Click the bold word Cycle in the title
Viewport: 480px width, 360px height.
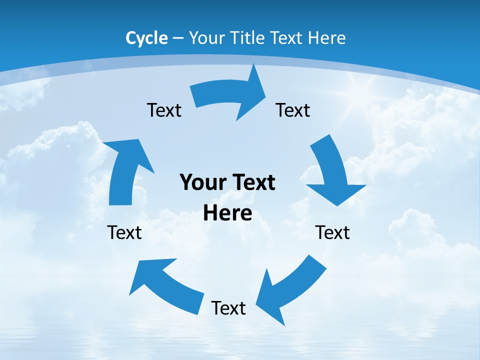coord(146,38)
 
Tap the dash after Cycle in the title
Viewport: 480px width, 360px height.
coord(178,38)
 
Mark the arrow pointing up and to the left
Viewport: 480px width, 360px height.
coord(165,285)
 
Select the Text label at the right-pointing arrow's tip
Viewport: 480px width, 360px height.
coord(293,110)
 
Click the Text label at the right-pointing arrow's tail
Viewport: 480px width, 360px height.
coord(164,110)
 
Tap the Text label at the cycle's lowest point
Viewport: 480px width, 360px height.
coord(228,308)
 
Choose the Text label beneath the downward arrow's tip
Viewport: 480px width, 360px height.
coord(332,232)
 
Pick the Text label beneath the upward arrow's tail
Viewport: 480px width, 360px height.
coord(124,232)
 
